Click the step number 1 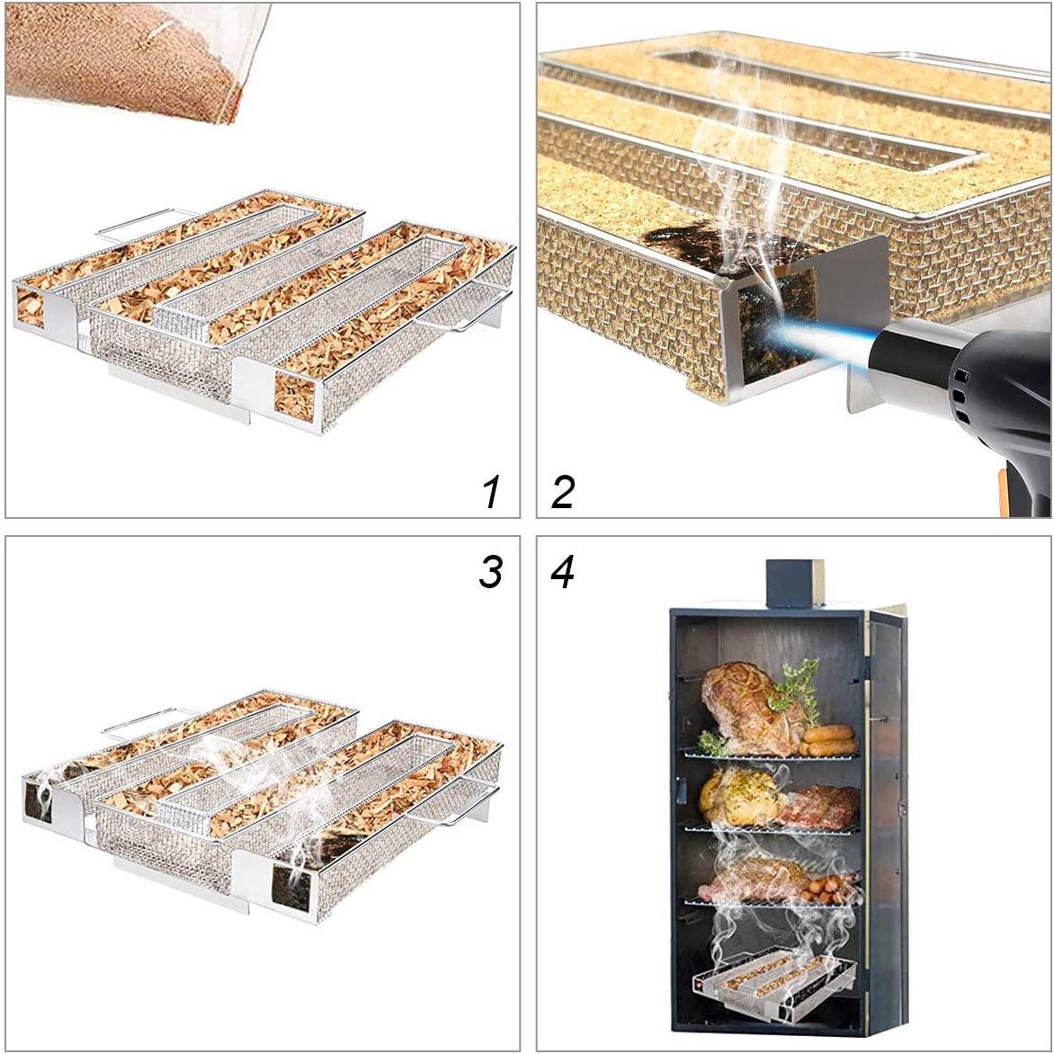point(490,492)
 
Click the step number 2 point(563,492)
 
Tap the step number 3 point(490,572)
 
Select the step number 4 point(563,572)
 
